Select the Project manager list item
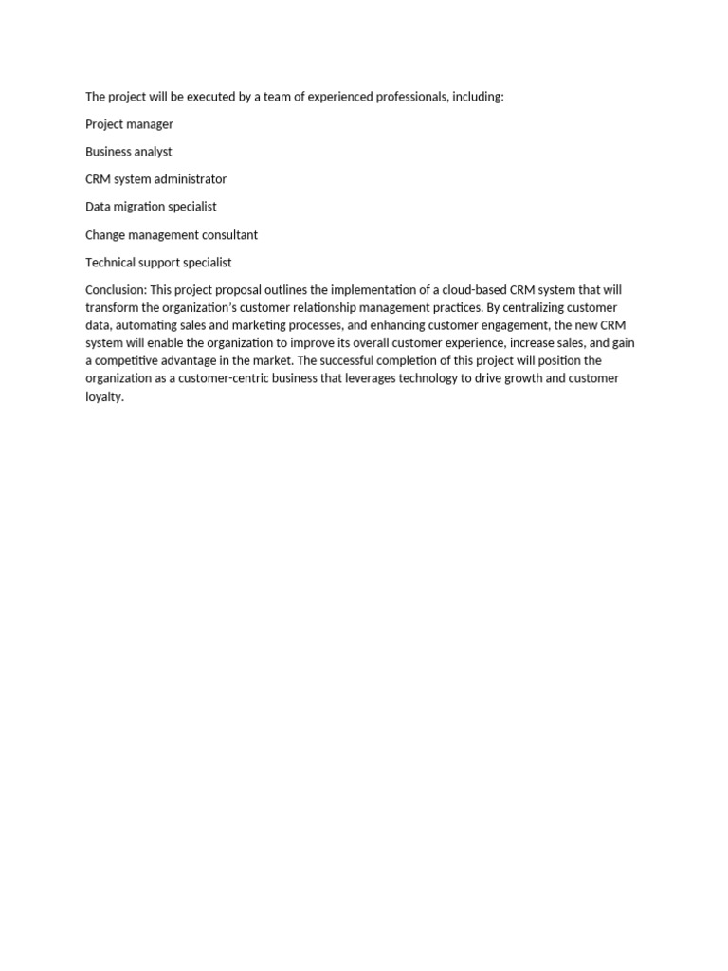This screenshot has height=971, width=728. pyautogui.click(x=129, y=124)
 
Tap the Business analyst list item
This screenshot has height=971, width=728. pyautogui.click(x=128, y=152)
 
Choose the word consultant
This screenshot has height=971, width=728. pyautogui.click(x=227, y=235)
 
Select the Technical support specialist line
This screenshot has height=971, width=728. pyautogui.click(x=158, y=263)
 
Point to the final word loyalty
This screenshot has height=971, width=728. pyautogui.click(x=104, y=396)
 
